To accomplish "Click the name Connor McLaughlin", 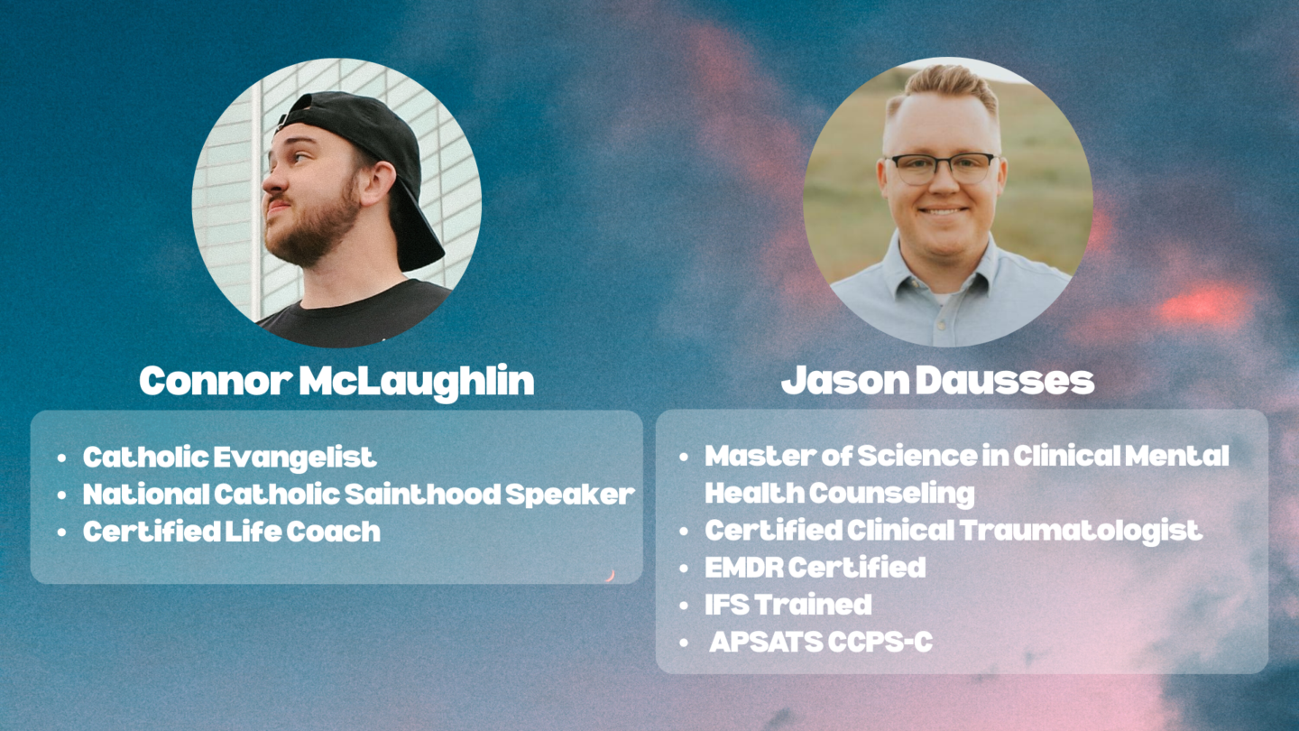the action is pos(336,382).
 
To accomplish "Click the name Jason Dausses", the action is pos(938,381).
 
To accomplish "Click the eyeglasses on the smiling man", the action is pos(944,168).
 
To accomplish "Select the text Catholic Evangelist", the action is pos(230,458).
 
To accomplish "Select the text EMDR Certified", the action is pos(815,568).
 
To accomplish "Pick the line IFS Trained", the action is pos(788,605).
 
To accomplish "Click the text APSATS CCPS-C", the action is pos(821,642).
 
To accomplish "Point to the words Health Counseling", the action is pos(840,494).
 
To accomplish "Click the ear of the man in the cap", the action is pos(377,183).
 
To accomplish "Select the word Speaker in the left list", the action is pos(570,495).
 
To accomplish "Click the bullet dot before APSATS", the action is pos(684,643).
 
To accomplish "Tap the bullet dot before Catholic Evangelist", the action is pos(62,458).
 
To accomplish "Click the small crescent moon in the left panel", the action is pos(610,575).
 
